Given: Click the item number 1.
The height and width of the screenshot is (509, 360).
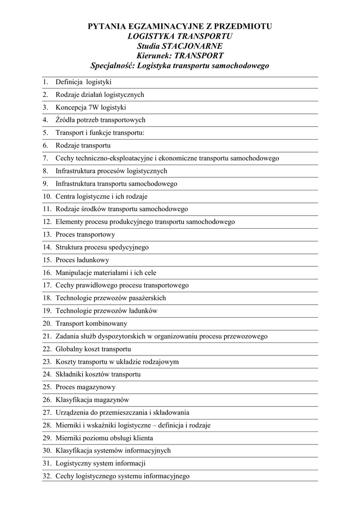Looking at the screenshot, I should [x=45, y=82].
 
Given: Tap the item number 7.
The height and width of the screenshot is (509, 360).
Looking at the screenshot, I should [x=45, y=158].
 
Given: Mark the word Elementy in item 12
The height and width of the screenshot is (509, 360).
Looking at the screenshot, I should [x=69, y=222].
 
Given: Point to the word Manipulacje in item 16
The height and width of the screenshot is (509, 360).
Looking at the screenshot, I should [x=74, y=272].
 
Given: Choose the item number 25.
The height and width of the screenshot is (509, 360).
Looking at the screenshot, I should [x=47, y=387].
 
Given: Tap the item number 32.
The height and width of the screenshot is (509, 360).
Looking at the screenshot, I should [x=47, y=476].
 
